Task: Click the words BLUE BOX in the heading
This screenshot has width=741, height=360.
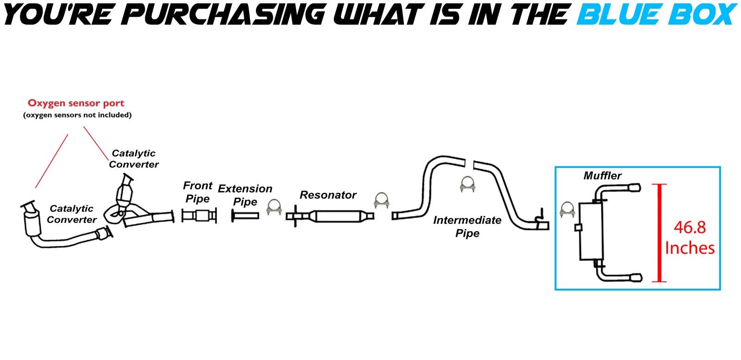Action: tap(657, 14)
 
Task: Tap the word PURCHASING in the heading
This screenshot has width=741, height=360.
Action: tap(226, 14)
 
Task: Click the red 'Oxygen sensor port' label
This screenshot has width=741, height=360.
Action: tap(76, 103)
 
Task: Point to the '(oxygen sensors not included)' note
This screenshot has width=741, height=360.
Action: tap(77, 115)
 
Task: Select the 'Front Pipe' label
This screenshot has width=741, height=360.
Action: tap(197, 192)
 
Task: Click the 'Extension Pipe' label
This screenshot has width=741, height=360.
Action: tap(245, 195)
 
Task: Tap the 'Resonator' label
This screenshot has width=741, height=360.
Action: tap(328, 195)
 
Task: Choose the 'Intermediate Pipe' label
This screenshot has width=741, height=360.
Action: tap(467, 226)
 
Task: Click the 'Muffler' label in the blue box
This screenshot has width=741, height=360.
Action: tap(602, 176)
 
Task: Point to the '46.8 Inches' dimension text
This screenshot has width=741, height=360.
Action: tap(690, 237)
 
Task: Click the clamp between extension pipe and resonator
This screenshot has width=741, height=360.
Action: tap(274, 207)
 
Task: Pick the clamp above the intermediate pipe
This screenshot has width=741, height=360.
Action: tap(468, 184)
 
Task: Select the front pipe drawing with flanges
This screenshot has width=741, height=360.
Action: tap(199, 216)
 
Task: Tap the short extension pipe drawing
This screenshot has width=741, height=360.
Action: tap(245, 215)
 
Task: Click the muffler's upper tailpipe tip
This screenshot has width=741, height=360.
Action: tap(634, 188)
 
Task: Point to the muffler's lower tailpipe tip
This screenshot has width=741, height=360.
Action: tap(634, 277)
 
